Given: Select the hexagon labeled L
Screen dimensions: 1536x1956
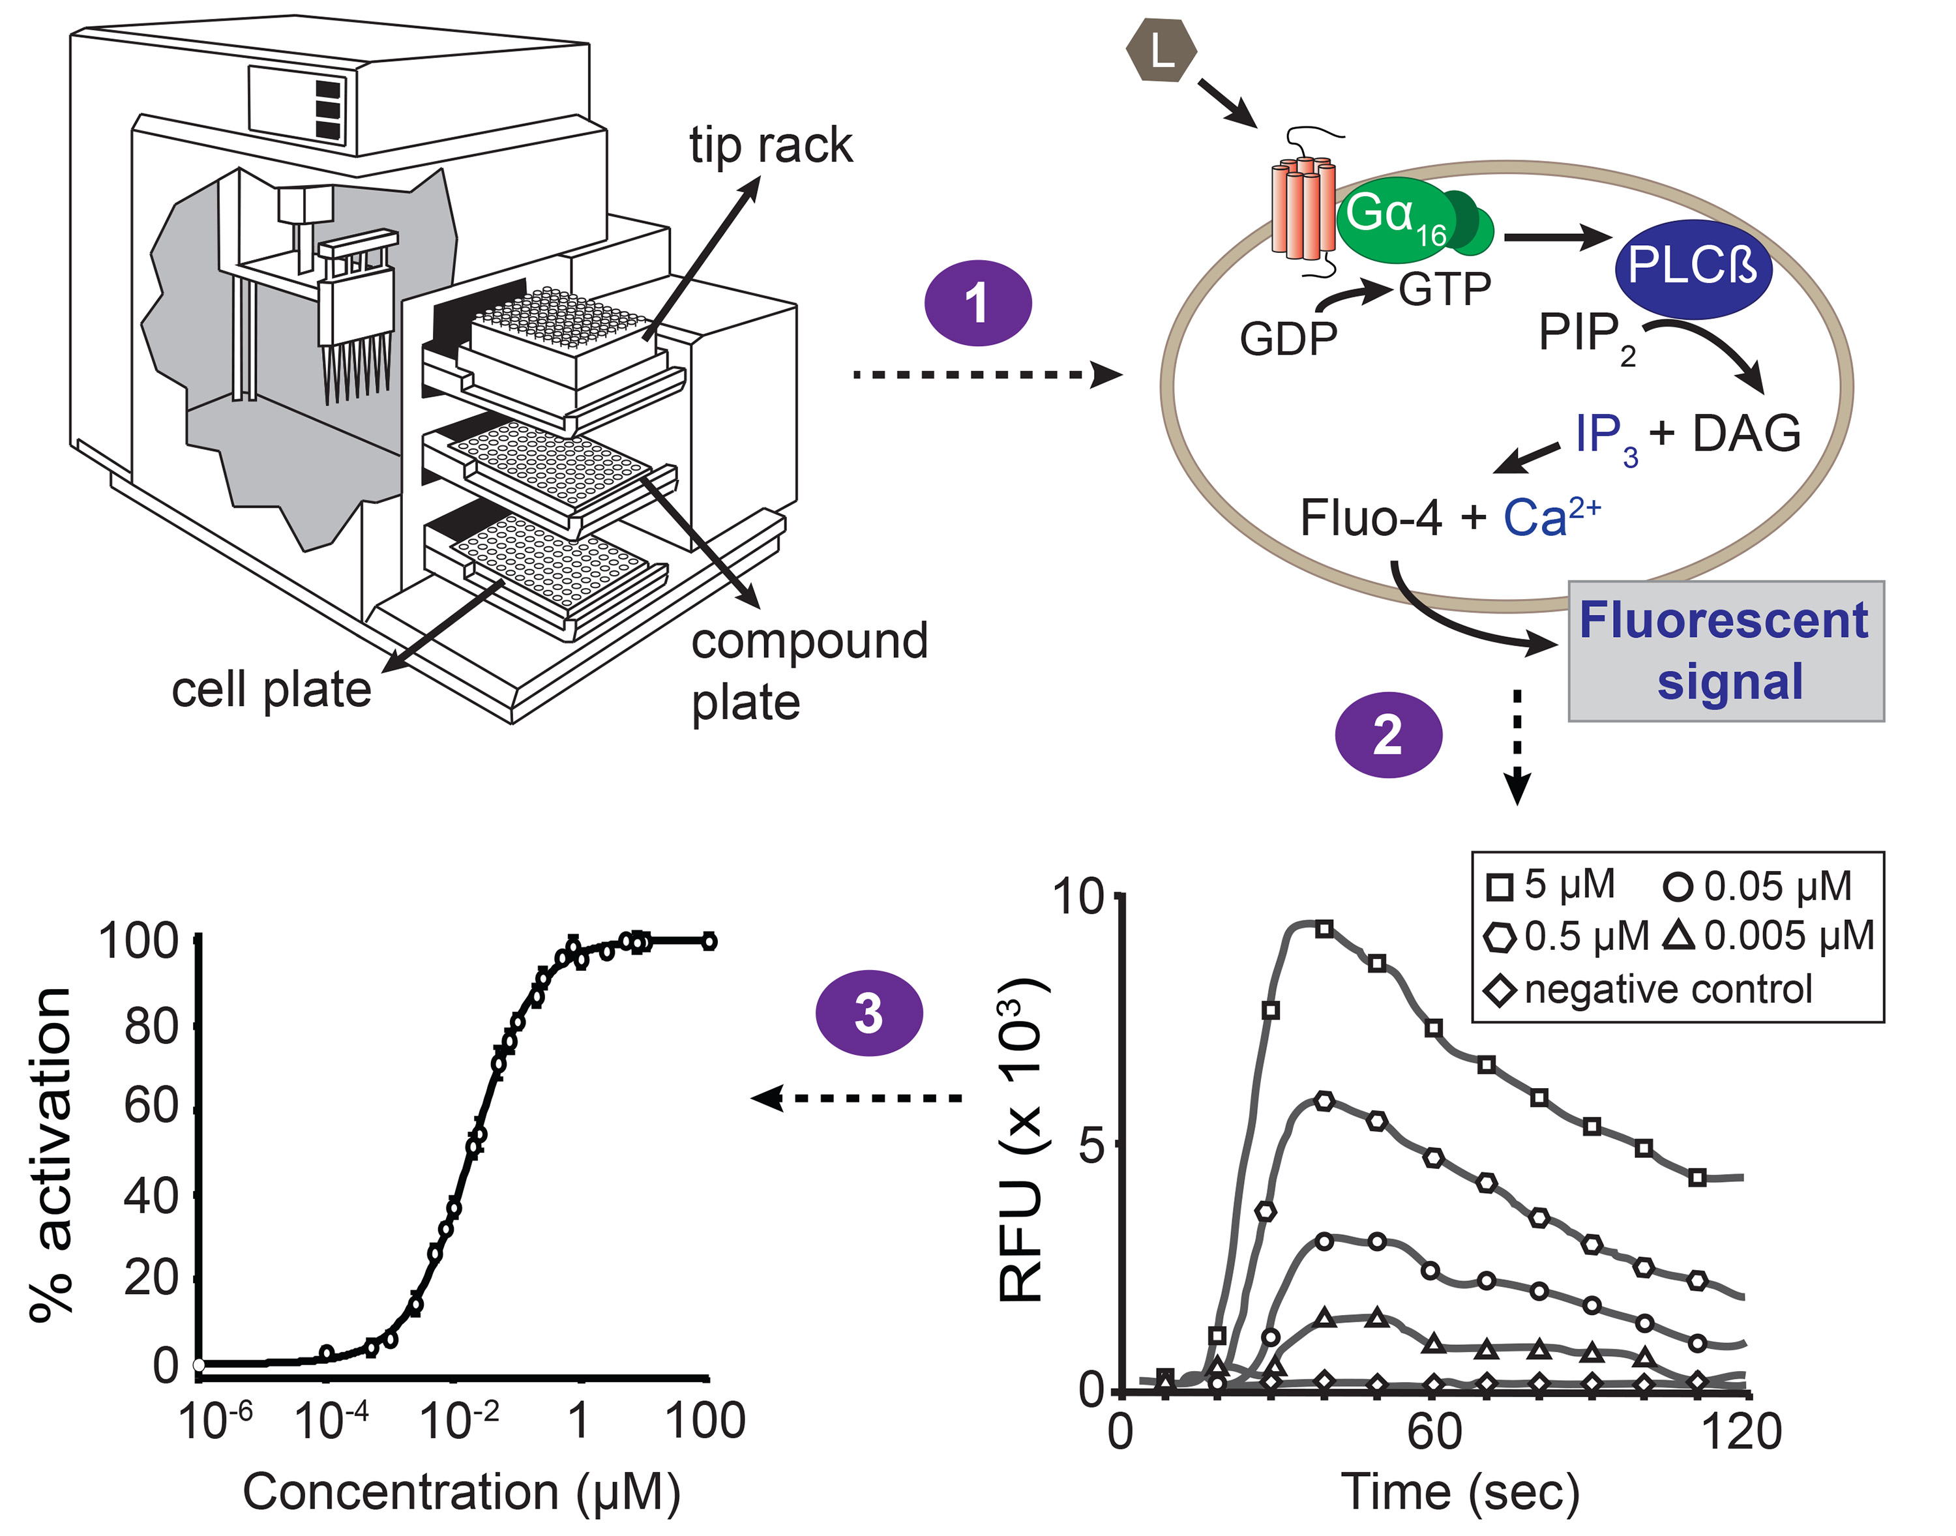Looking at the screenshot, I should point(1161,52).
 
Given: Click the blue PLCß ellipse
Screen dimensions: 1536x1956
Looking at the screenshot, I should point(1693,267).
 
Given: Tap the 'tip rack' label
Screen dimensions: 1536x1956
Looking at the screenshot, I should point(770,145).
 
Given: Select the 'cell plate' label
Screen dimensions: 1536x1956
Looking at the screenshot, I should point(272,690).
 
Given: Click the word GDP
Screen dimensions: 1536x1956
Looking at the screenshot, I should point(1288,340).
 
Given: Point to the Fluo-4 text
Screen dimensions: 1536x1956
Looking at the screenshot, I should point(1371,519).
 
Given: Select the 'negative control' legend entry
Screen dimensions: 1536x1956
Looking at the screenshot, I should point(1648,989).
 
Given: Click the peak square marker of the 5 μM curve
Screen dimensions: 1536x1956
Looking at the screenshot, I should point(1324,929).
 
